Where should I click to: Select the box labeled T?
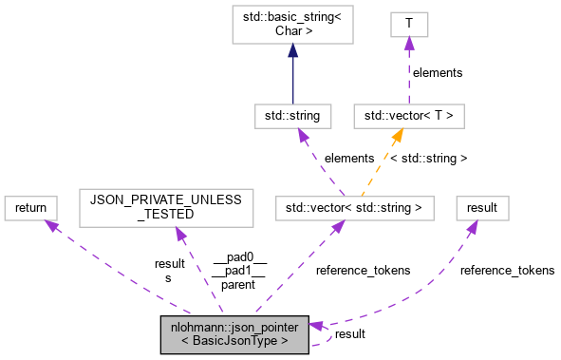pyautogui.click(x=410, y=24)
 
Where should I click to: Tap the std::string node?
pyautogui.click(x=292, y=116)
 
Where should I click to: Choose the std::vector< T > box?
pyautogui.click(x=410, y=116)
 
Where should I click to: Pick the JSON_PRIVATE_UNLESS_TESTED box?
pyautogui.click(x=166, y=206)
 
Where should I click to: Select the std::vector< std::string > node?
pyautogui.click(x=355, y=206)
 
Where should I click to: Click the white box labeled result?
pyautogui.click(x=482, y=206)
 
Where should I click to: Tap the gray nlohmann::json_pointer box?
pyautogui.click(x=235, y=333)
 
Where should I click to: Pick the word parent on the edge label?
pyautogui.click(x=239, y=284)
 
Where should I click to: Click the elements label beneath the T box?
pyautogui.click(x=437, y=72)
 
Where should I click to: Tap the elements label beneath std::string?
pyautogui.click(x=349, y=158)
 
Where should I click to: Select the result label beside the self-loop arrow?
pyautogui.click(x=350, y=333)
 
